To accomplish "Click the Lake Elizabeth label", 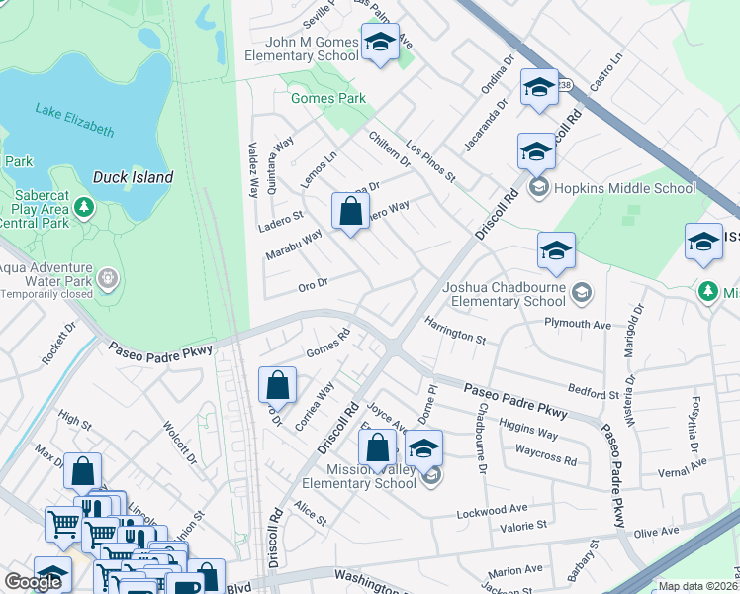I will click(74, 119).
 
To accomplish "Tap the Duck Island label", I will click(133, 178).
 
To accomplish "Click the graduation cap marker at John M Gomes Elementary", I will click(379, 43).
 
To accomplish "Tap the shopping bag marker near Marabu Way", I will click(350, 211).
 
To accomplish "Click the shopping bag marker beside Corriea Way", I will click(278, 384).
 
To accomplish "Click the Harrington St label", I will click(455, 330).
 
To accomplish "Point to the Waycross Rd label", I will click(545, 456).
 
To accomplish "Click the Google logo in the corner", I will click(33, 582).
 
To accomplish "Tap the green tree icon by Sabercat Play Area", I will click(84, 207).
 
